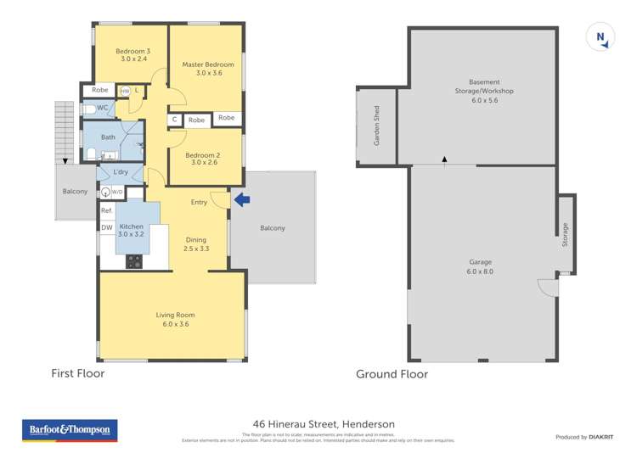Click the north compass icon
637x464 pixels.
600,36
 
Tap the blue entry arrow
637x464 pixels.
242,200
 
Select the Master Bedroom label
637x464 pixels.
208,69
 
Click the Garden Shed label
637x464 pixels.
376,126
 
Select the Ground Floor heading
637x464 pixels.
392,374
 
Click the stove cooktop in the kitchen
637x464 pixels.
134,262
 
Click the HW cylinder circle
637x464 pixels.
125,91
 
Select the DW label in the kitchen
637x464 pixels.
107,227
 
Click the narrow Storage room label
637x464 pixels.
565,236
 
